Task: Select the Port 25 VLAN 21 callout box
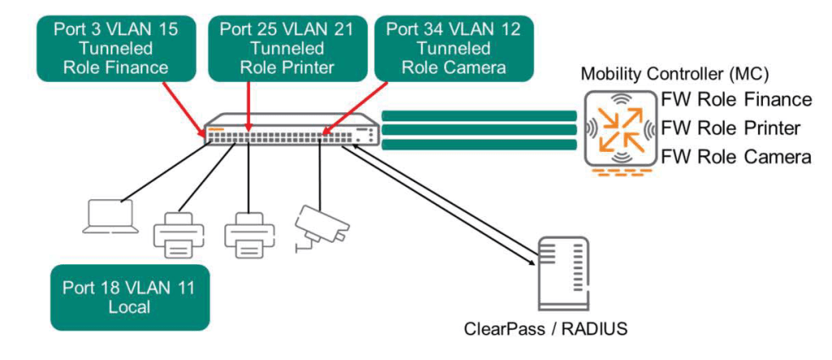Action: pos(286,48)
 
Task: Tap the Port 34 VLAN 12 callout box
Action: pos(453,48)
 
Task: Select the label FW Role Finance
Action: pos(736,100)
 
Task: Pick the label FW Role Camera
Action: pos(736,157)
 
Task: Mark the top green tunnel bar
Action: pos(479,115)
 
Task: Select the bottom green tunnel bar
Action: pos(479,145)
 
